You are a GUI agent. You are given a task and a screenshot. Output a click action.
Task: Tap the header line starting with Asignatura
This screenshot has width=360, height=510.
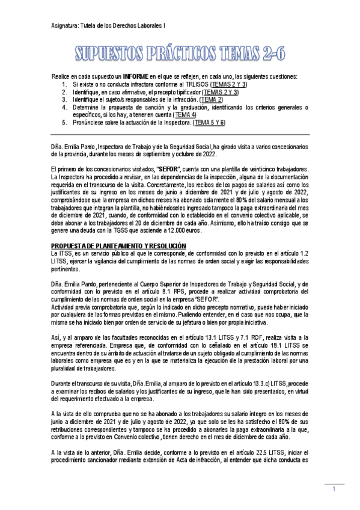(108, 25)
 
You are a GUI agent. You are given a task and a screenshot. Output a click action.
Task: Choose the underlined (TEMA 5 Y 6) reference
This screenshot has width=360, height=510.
(209, 122)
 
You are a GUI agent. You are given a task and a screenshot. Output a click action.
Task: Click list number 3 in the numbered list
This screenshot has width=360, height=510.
(64, 99)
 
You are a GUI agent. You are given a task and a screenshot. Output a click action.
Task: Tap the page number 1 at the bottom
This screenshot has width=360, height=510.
(334, 490)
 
